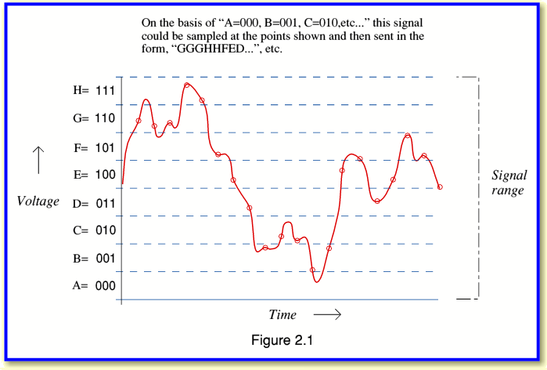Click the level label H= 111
(94, 90)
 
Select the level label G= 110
(94, 118)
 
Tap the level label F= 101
(94, 148)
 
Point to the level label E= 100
(94, 174)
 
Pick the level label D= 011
(94, 203)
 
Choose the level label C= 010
(94, 230)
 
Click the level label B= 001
(94, 258)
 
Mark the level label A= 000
(94, 285)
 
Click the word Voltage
(38, 201)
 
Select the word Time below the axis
(282, 314)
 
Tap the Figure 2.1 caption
(282, 340)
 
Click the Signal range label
(509, 183)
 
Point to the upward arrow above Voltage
(38, 160)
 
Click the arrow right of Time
(327, 314)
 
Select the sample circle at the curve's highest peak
(186, 85)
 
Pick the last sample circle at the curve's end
(440, 187)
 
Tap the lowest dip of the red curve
(317, 281)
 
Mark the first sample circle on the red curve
(139, 121)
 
